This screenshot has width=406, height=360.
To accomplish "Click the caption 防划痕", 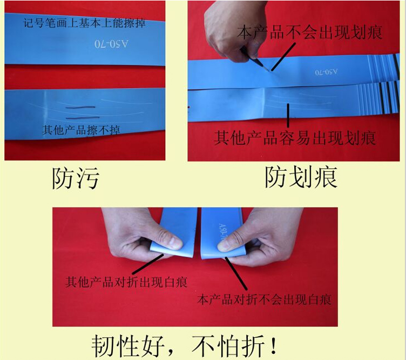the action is point(301,177).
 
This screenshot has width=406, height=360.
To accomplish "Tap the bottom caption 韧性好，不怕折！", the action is point(184,346).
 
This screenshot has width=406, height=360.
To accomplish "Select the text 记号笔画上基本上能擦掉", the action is point(85,23).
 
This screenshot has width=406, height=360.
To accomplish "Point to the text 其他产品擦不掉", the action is point(81,130).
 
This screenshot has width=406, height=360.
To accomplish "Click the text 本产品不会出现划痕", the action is point(310,32).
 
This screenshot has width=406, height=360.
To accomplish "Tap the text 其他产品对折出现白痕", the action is point(126,282).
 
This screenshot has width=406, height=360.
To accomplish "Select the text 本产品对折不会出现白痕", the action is point(264,299).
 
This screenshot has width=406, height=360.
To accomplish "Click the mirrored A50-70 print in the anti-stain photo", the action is point(111,44).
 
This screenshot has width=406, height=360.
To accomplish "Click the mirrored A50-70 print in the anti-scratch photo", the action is point(326,72).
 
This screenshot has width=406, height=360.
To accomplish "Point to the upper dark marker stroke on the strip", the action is point(80,107).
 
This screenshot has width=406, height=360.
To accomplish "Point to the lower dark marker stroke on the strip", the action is point(83,118).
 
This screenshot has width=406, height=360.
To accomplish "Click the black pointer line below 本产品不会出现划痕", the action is point(283,57).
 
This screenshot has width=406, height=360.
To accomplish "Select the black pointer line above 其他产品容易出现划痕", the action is point(288,115).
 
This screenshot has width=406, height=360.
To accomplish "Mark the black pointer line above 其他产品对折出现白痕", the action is point(148,264).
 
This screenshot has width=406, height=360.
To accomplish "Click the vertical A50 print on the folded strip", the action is point(221,232).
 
